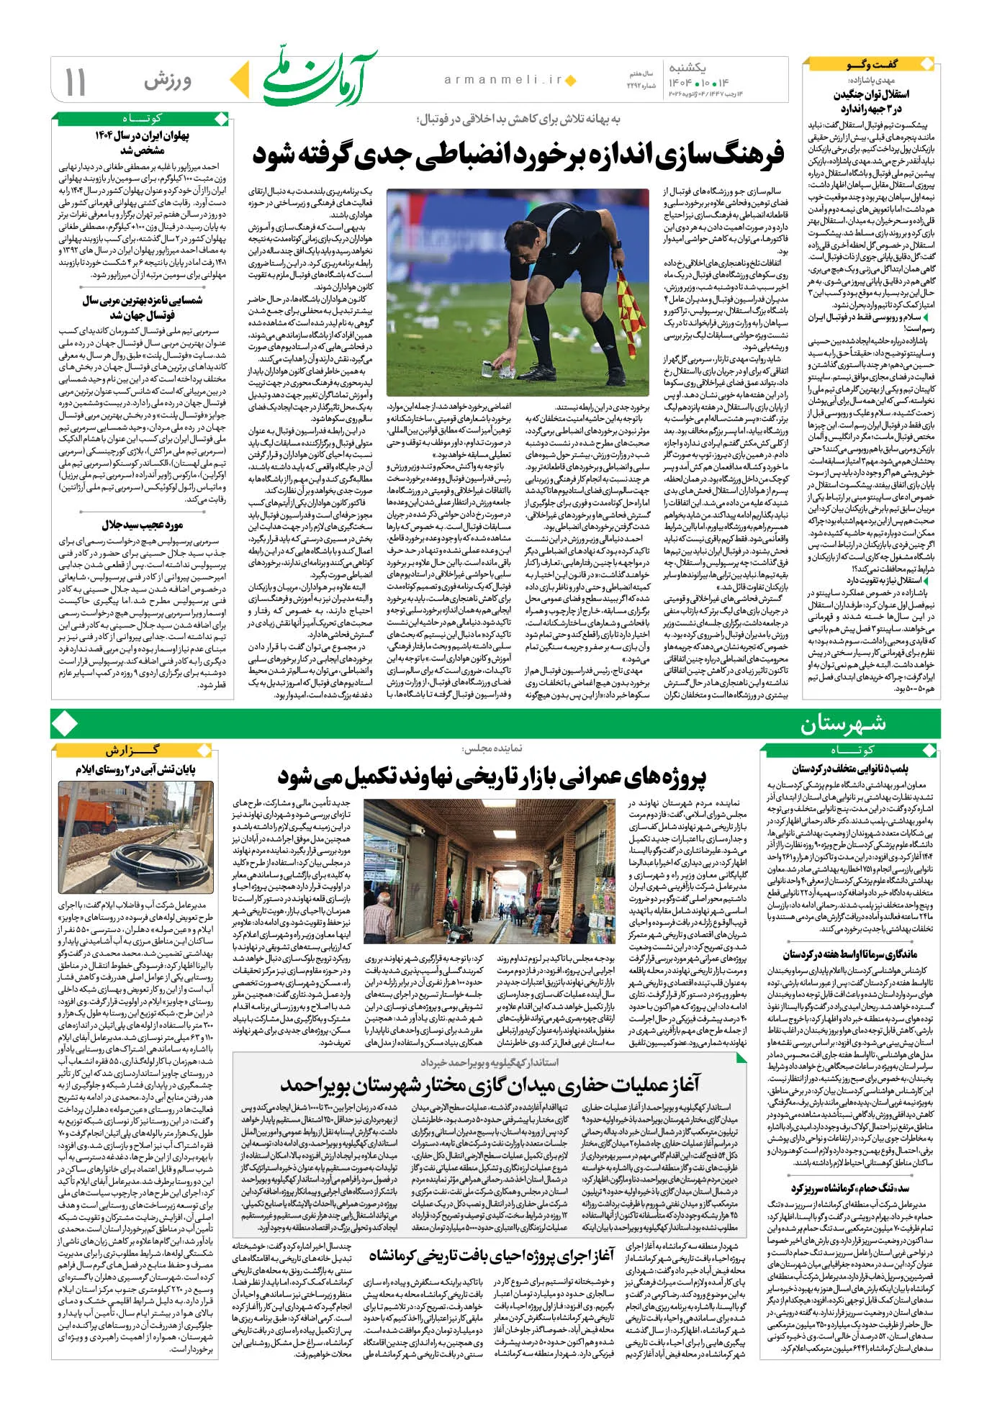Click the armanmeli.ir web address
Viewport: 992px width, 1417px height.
pyautogui.click(x=503, y=80)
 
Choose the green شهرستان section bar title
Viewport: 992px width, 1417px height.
pyautogui.click(x=843, y=723)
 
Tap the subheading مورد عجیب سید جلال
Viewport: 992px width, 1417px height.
pyautogui.click(x=142, y=525)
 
